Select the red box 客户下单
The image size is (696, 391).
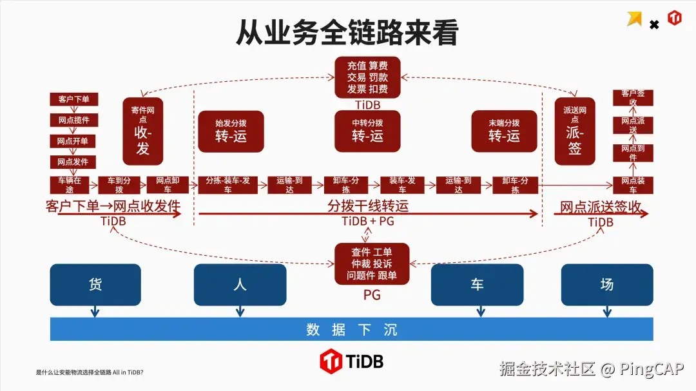click(x=74, y=99)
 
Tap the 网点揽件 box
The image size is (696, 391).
click(x=74, y=120)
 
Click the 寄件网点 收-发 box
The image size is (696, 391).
click(x=143, y=131)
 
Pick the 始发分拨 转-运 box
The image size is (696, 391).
click(x=231, y=131)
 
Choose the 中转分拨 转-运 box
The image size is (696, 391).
click(x=367, y=131)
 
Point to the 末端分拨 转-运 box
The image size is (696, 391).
click(x=504, y=131)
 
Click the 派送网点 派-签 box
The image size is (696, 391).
click(x=575, y=131)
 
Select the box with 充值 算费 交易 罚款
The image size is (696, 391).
click(x=367, y=77)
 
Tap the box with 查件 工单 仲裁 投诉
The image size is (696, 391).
click(x=367, y=263)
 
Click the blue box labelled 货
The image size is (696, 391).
click(x=95, y=284)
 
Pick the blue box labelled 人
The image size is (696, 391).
click(x=240, y=284)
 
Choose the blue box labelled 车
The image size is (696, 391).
click(x=477, y=284)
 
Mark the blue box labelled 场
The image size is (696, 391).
click(x=607, y=284)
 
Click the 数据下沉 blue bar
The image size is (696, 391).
click(x=351, y=330)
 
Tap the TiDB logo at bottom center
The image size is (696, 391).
click(x=351, y=361)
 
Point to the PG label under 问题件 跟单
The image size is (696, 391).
click(x=372, y=295)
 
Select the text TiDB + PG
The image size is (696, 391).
click(x=367, y=222)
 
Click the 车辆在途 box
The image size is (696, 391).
click(x=70, y=185)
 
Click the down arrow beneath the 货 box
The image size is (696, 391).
click(x=95, y=312)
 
